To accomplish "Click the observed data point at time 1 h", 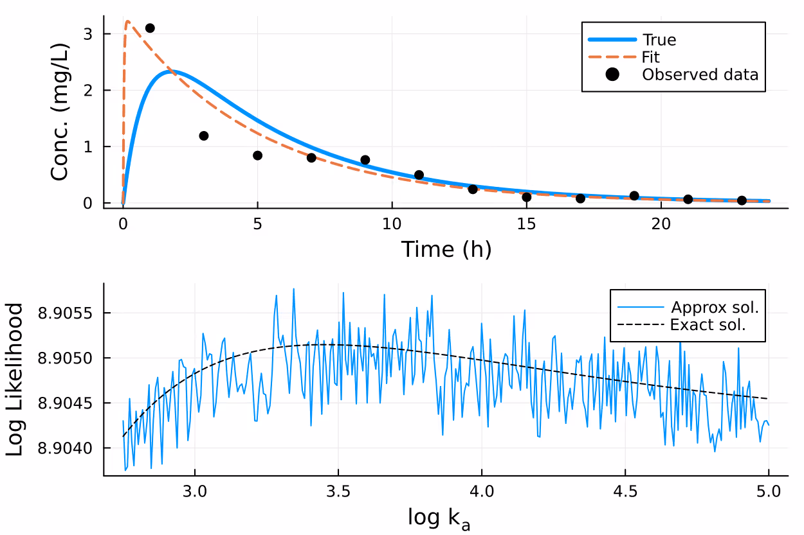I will (x=150, y=28).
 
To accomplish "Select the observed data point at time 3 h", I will (x=204, y=136).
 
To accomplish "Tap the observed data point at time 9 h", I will (x=365, y=160).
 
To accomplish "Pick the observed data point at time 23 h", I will (x=742, y=200).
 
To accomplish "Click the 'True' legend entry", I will (x=659, y=40).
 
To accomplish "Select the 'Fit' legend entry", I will (x=652, y=57).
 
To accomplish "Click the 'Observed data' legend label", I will (x=700, y=74).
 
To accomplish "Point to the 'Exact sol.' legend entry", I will (x=708, y=324).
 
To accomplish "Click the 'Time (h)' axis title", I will (x=446, y=249).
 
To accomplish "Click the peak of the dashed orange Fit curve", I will (x=128, y=21).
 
